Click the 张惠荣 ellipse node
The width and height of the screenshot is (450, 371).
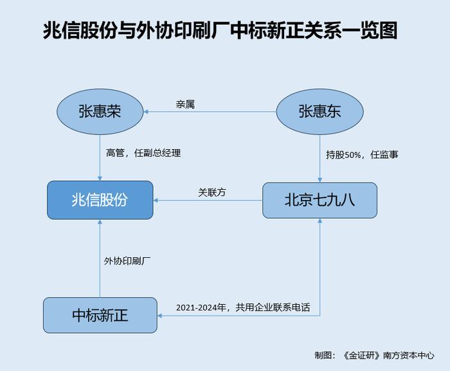[x=100, y=111]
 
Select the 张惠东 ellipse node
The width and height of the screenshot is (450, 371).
[x=319, y=111]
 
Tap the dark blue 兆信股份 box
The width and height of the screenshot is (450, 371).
[x=100, y=200]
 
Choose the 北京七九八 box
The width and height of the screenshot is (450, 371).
[x=319, y=200]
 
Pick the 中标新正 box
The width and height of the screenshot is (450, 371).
[x=100, y=315]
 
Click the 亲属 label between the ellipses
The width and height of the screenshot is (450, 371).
[x=185, y=104]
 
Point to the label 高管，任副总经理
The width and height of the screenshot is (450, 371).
[x=143, y=153]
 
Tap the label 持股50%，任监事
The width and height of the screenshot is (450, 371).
[x=362, y=155]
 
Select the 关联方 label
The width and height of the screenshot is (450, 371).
[x=212, y=192]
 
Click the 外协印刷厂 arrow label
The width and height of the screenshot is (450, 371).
[x=127, y=261]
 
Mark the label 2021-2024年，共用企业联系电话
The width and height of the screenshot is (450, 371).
[x=243, y=307]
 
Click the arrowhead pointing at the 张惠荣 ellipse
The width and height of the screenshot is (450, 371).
[x=145, y=111]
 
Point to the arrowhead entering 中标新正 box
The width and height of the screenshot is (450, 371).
[x=159, y=316]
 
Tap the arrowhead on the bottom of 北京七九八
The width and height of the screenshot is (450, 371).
[x=319, y=221]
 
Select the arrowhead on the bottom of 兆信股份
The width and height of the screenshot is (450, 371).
[x=100, y=222]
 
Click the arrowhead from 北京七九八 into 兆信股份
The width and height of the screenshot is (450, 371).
[x=156, y=200]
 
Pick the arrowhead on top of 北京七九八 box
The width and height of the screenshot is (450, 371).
[x=319, y=180]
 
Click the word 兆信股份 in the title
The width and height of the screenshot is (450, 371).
[x=80, y=30]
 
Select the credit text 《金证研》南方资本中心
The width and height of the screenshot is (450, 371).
[x=388, y=355]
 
